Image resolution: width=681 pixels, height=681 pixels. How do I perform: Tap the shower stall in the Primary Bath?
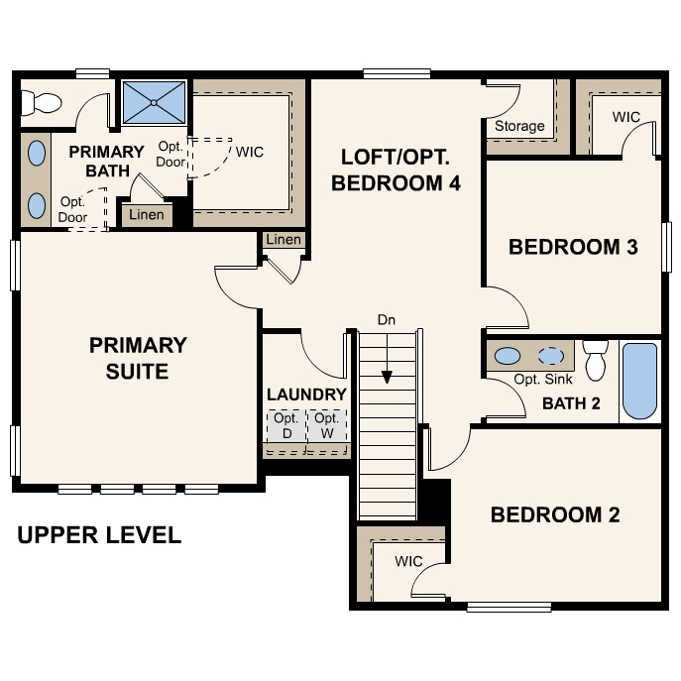coord(154,102)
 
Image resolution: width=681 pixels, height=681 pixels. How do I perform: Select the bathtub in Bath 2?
coord(639,381)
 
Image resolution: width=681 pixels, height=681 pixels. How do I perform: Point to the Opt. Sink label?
coord(543,380)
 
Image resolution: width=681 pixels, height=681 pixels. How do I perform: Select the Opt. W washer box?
coord(327,426)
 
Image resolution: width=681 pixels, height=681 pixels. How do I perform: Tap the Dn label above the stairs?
coord(387,320)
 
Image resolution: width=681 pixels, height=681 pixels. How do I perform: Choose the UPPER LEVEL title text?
coord(99,535)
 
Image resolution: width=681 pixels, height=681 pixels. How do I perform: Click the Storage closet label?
coord(519,126)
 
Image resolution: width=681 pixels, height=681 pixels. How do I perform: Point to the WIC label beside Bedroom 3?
coord(625,117)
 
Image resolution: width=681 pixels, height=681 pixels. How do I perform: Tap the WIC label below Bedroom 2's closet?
coord(408,562)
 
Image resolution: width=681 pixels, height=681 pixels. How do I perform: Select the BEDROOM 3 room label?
coord(572,247)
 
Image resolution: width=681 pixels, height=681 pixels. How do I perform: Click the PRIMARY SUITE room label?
coord(138,358)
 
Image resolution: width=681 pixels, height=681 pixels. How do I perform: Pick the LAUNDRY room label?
coord(306,395)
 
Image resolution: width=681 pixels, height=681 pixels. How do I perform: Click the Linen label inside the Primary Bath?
coord(147,215)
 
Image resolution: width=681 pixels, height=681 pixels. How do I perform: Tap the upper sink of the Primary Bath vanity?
coord(37,154)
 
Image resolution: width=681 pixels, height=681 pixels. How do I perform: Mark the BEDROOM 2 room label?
coord(555,514)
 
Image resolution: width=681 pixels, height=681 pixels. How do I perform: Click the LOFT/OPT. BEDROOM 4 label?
coord(396,170)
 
